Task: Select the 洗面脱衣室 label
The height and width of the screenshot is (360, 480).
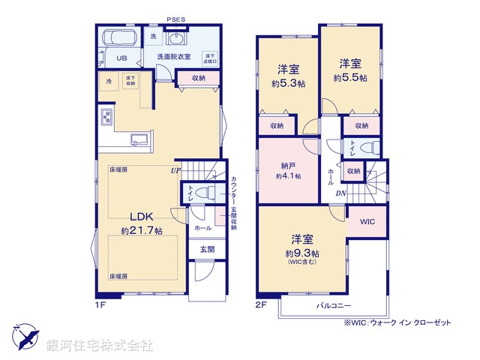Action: (x=174, y=57)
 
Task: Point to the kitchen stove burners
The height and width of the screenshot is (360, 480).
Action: (x=105, y=118)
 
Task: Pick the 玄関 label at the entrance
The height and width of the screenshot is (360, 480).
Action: (x=205, y=248)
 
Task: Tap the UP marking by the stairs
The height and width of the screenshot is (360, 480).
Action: (x=175, y=170)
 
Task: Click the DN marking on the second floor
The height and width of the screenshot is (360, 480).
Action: (x=340, y=193)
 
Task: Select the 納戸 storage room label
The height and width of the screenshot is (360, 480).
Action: (x=288, y=165)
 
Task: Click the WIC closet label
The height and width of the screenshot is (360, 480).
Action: (x=367, y=222)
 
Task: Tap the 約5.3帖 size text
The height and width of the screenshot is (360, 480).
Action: (x=289, y=85)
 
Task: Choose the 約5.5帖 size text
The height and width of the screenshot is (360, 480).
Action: (x=350, y=77)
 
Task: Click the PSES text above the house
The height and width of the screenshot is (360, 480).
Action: (x=177, y=22)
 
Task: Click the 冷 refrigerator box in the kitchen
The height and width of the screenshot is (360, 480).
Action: (x=109, y=80)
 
